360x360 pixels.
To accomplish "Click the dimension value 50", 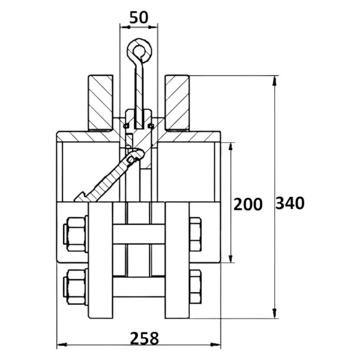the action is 139,17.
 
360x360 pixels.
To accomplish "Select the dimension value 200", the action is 248,204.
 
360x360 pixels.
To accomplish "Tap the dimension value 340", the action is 290,203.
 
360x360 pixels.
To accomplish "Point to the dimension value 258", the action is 145,338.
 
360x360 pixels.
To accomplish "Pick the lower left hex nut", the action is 76,287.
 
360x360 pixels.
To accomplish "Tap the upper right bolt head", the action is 196,234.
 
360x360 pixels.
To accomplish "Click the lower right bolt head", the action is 196,287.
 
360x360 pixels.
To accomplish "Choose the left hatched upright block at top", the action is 101,103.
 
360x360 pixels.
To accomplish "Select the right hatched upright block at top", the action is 177,103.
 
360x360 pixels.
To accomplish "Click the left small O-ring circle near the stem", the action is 125,126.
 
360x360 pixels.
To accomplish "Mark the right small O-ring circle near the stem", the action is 151,126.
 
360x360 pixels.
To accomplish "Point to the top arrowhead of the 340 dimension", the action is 274,80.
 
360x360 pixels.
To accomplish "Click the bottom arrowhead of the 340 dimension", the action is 274,313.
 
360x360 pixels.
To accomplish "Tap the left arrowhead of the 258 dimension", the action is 62,344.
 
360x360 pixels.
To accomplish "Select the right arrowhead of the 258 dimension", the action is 215,344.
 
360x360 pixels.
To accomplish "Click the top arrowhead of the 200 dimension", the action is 231,148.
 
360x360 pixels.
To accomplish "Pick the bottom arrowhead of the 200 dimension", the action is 231,257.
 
